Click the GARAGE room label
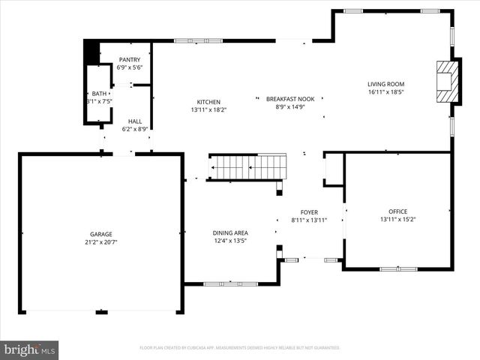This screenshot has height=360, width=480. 101,233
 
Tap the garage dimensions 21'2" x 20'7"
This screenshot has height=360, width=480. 101,242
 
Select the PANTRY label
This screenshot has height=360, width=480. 129,59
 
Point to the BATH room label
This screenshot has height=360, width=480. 99,93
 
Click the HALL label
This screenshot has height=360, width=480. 134,121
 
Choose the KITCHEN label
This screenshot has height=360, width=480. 208,102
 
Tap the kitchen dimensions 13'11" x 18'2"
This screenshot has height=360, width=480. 208,110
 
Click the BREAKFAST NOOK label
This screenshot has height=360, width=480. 290,99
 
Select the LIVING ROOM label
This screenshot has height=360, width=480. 385,84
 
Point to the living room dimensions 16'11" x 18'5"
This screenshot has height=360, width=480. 385,92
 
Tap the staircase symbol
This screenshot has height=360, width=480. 247,167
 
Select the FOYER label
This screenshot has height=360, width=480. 309,211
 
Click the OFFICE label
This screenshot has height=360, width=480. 397,211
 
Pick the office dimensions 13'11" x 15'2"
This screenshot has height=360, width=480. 397,220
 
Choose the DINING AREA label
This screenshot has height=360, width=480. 230,232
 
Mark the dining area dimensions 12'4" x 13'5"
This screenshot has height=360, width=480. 230,241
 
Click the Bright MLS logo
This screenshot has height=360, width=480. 30,349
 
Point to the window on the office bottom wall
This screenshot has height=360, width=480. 398,268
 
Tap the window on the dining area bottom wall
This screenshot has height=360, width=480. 230,283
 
